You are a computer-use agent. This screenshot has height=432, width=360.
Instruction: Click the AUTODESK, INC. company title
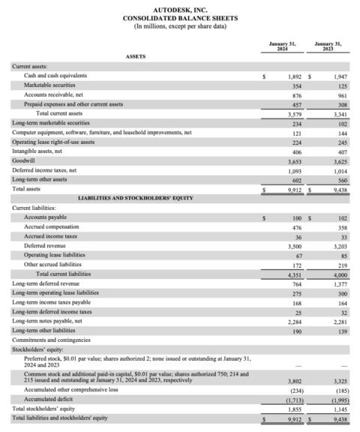coord(179,8)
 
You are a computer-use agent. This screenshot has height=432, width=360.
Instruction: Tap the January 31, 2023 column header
coord(328,46)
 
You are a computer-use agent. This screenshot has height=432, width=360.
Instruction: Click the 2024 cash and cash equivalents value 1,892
coord(294,76)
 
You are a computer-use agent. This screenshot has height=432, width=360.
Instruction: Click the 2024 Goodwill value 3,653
coord(294,160)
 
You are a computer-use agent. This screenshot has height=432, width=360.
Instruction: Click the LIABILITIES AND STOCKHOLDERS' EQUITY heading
coord(136,198)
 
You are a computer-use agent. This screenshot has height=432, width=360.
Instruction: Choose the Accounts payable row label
coord(45,217)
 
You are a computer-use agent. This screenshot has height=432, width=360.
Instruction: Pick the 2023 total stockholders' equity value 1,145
coord(340,409)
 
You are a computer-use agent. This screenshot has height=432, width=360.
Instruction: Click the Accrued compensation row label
coord(51,226)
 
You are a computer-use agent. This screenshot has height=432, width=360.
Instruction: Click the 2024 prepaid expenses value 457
coord(295,104)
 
